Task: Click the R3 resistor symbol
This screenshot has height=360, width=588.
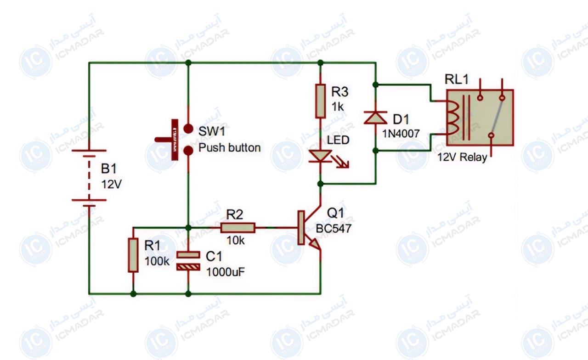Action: (x=320, y=101)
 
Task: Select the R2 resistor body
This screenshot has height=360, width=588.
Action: (x=238, y=228)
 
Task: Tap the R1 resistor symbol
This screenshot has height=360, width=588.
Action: (x=133, y=255)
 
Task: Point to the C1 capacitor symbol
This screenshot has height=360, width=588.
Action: (x=188, y=261)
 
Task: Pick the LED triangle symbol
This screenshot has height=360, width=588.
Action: (x=320, y=156)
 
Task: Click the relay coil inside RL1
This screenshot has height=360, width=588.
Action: (x=453, y=118)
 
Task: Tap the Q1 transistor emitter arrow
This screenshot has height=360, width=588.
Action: (x=315, y=244)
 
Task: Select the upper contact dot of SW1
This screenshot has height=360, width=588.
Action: (x=188, y=129)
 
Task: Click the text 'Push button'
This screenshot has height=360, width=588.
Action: (x=229, y=148)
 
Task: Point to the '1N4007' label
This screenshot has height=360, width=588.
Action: (x=401, y=134)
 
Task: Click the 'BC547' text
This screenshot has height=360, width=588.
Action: (x=334, y=229)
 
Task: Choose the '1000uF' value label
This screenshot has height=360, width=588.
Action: (x=226, y=272)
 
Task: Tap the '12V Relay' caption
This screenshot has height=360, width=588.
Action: (x=462, y=157)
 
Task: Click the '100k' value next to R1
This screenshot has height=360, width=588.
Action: (x=157, y=261)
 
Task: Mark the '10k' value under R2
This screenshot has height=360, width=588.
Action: (x=236, y=240)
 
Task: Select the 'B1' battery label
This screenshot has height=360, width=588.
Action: (x=109, y=169)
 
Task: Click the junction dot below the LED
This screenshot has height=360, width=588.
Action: (x=320, y=184)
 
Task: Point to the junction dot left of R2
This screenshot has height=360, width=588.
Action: (x=188, y=227)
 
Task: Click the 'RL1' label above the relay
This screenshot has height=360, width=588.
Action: (x=457, y=79)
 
